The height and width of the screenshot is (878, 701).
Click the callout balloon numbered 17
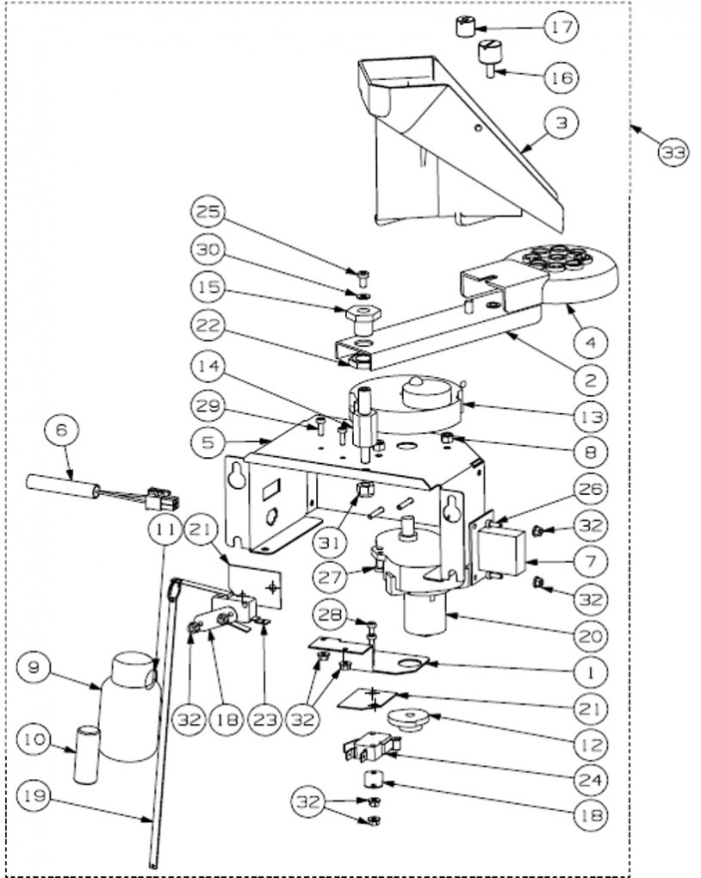561,27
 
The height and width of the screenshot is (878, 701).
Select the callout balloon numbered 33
673,151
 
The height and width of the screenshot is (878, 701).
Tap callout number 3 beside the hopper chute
561,122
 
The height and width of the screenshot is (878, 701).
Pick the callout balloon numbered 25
208,212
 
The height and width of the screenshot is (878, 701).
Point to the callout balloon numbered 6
62,430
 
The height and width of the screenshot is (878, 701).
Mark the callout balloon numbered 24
591,780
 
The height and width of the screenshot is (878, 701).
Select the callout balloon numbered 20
591,635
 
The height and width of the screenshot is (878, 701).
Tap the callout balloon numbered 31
330,542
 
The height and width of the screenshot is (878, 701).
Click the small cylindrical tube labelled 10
87,755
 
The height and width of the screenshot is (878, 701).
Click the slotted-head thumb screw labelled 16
488,59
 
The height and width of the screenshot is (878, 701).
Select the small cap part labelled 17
464,27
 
